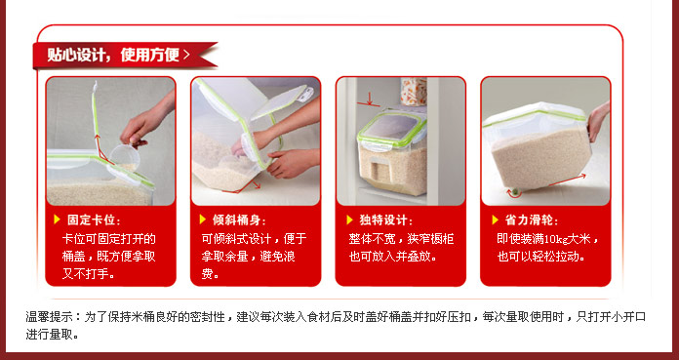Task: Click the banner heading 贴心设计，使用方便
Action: pos(113,55)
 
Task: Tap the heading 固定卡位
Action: pos(91,220)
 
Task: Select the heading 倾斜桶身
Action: pos(236,220)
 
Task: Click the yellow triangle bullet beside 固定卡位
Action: pos(57,220)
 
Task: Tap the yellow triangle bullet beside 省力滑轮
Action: pos(496,220)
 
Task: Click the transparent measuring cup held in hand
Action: pos(124,157)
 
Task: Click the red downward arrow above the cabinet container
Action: pos(369,99)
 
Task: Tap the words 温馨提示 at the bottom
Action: pos(44,317)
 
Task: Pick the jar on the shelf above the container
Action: pos(413,92)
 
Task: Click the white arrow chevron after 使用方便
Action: pos(186,55)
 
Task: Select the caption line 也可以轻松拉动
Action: pos(541,257)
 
